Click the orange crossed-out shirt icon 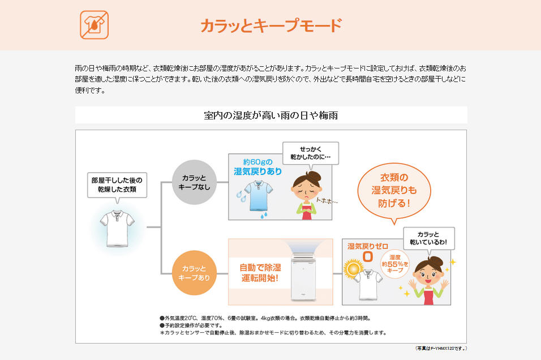click(x=94, y=25)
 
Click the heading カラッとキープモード click(x=271, y=25)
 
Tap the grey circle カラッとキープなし click(x=194, y=182)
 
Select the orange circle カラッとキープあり click(x=194, y=273)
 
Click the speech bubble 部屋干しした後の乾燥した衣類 click(x=117, y=185)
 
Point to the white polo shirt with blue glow click(x=117, y=228)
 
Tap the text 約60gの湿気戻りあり click(x=257, y=167)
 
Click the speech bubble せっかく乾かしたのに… click(x=311, y=153)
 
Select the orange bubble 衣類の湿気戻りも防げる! click(x=394, y=191)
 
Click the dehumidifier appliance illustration click(x=304, y=277)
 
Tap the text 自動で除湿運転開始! click(x=260, y=273)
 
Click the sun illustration click(x=353, y=268)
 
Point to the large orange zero click(x=368, y=257)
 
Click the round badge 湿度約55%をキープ click(x=395, y=264)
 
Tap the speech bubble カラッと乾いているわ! click(x=428, y=238)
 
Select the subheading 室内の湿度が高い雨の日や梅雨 click(x=271, y=115)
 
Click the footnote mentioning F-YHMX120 click(x=441, y=349)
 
